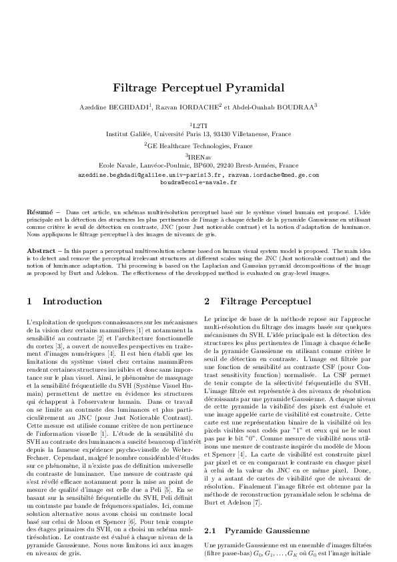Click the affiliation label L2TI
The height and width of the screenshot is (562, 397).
[200, 125]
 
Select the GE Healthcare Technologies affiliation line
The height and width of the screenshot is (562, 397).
[200, 145]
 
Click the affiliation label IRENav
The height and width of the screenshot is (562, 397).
[200, 156]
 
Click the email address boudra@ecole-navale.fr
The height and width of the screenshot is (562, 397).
[199, 181]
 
